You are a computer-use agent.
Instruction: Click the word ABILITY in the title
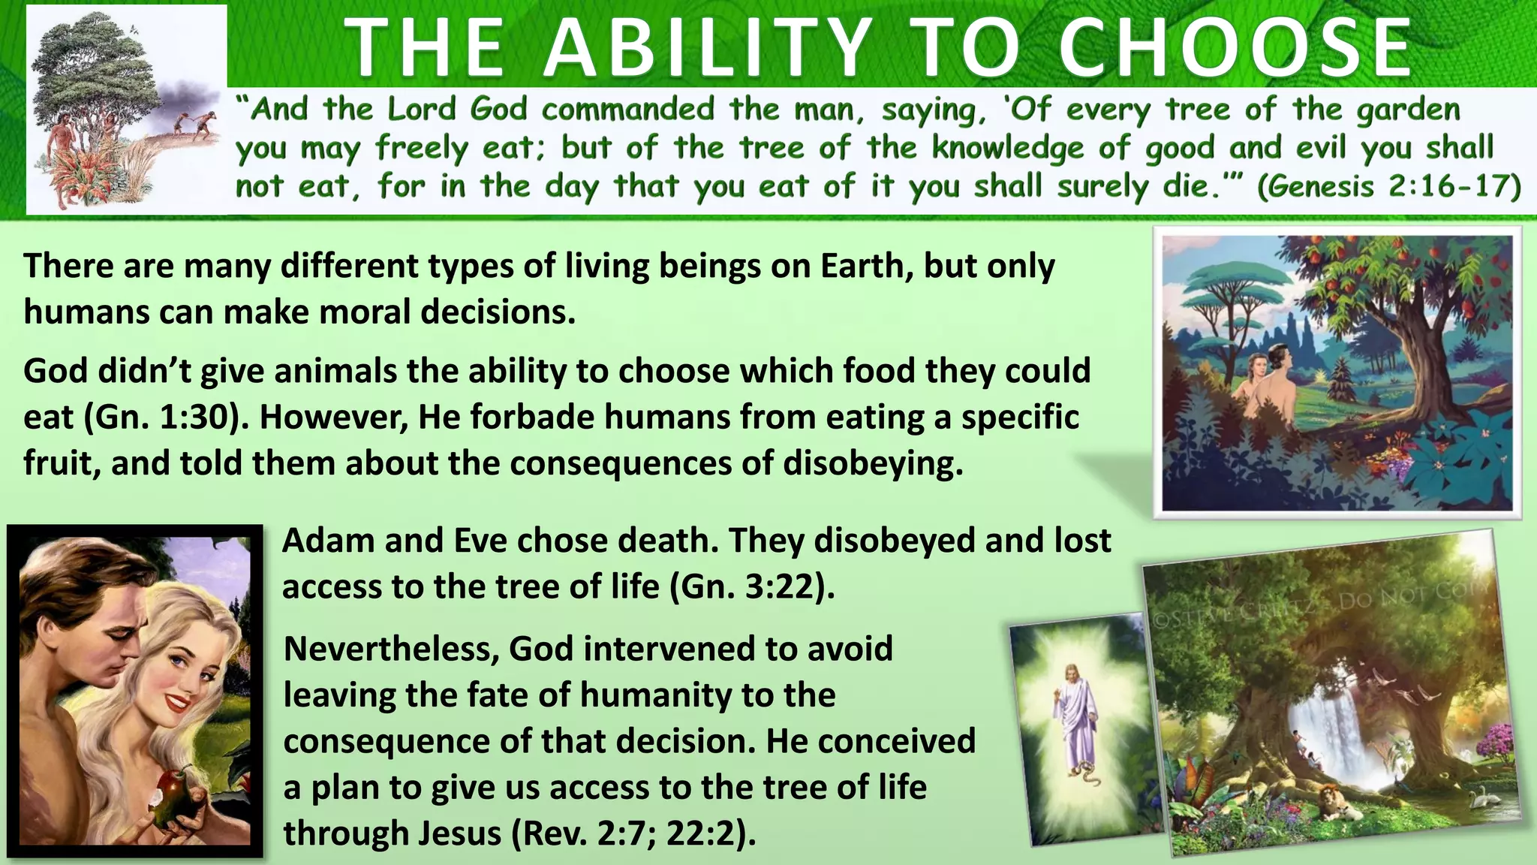(x=708, y=49)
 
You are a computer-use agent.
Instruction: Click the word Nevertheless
(x=391, y=649)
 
